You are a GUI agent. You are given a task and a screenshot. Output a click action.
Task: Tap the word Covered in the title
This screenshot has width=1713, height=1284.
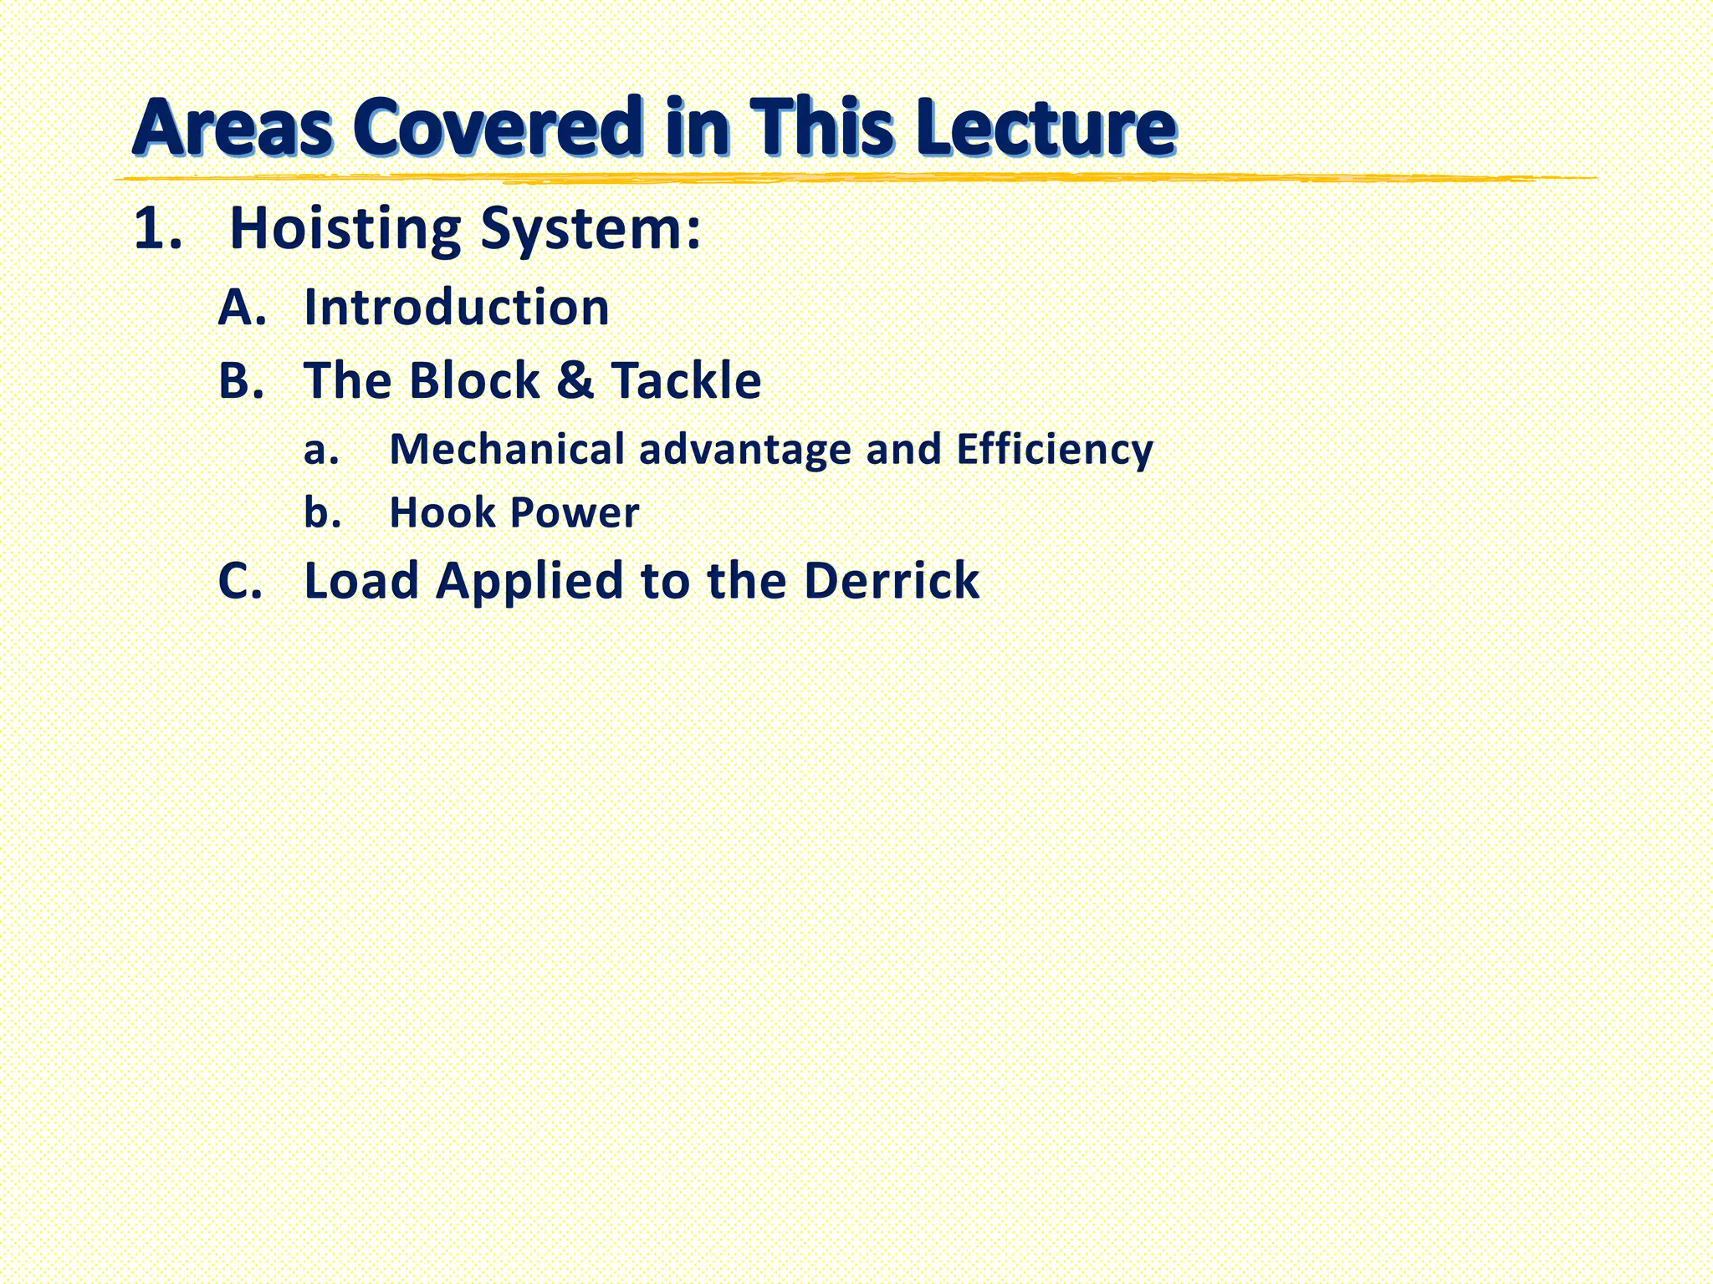click(x=499, y=127)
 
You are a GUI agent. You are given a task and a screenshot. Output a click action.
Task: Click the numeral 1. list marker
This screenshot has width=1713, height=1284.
click(x=158, y=228)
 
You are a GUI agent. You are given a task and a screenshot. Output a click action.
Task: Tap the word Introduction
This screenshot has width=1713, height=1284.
click(x=457, y=307)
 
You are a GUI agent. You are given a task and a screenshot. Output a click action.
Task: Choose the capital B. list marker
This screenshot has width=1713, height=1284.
click(x=242, y=380)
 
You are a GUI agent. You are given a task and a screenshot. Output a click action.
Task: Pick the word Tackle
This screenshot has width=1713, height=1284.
click(x=686, y=380)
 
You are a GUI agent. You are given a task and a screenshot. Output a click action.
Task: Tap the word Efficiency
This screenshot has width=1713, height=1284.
click(x=1055, y=451)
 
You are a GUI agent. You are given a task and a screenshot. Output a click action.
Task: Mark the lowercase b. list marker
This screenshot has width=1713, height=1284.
click(x=323, y=512)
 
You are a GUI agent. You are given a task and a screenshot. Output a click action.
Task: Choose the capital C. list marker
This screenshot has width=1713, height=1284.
click(x=241, y=581)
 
